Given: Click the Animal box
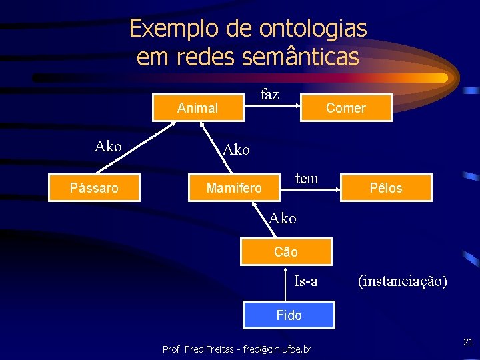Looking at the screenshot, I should tap(198, 108).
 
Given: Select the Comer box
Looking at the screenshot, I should tap(346, 108).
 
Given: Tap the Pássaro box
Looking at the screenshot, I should tap(94, 188).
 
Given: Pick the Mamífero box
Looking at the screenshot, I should tap(234, 188).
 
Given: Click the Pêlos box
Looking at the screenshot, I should tap(387, 188).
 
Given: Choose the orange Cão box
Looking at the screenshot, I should tap(286, 252).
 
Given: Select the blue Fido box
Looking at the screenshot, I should tap(289, 315).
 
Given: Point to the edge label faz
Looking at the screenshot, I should tap(269, 95).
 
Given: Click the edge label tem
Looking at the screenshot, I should tap(307, 178).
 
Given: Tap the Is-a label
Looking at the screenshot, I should tap(306, 281).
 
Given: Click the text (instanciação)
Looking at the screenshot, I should tap(402, 281).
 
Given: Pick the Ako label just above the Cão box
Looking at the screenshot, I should tap(282, 218).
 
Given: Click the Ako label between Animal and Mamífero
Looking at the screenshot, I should tap(236, 150).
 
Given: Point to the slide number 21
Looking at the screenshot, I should tap(468, 342).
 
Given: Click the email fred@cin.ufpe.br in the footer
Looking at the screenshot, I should tap(277, 349).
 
